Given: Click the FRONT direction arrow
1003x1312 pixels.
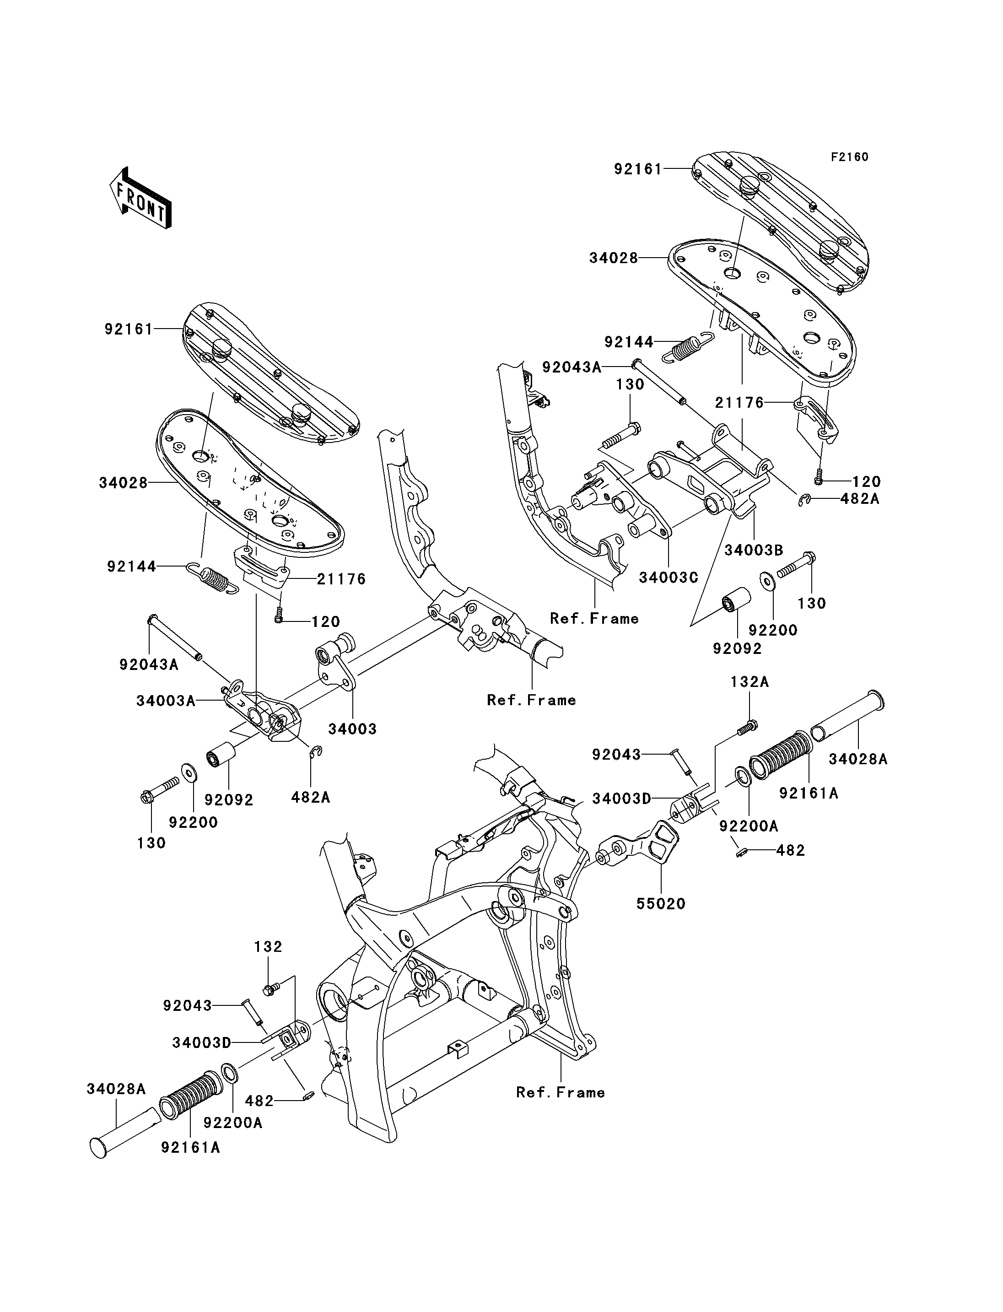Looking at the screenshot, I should click(x=141, y=198).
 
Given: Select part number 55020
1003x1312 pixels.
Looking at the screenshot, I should click(x=660, y=903).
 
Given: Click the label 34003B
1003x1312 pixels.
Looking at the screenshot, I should click(x=754, y=550).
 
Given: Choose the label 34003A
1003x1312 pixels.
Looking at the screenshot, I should click(x=165, y=701).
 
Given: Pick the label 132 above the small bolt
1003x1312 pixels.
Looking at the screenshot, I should click(x=268, y=946).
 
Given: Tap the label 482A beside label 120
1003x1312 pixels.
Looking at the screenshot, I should click(x=860, y=499).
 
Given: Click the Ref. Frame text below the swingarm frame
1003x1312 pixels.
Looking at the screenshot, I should click(x=561, y=1092).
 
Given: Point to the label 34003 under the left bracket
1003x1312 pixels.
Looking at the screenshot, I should click(x=352, y=729).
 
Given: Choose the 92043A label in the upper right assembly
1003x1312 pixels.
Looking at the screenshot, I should click(x=572, y=367).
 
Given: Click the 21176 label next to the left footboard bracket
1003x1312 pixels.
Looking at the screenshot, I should click(x=341, y=579).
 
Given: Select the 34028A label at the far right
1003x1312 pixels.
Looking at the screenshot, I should click(x=858, y=759).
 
